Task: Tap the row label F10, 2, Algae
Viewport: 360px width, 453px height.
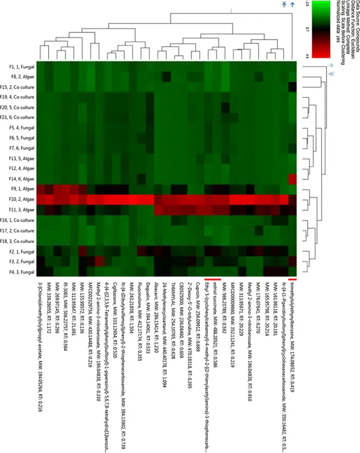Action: (x=20, y=199)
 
